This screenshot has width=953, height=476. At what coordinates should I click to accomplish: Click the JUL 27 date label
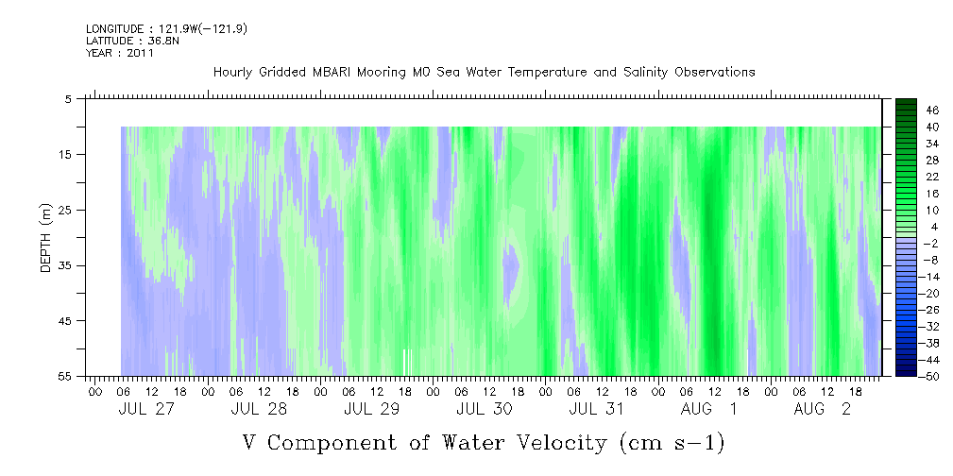[145, 409]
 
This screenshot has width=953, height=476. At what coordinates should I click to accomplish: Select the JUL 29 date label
[371, 409]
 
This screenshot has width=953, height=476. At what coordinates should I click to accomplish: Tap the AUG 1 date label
[708, 409]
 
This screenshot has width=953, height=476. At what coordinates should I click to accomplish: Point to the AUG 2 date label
[822, 409]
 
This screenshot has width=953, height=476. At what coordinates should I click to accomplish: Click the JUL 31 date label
[596, 409]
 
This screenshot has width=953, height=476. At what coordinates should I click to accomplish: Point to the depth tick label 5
[69, 99]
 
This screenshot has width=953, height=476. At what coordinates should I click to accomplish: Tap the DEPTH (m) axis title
[46, 238]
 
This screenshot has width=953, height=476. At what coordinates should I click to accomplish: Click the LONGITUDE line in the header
[166, 28]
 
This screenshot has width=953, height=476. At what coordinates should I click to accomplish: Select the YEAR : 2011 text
[120, 53]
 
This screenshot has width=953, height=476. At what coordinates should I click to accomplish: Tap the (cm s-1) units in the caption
[671, 443]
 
